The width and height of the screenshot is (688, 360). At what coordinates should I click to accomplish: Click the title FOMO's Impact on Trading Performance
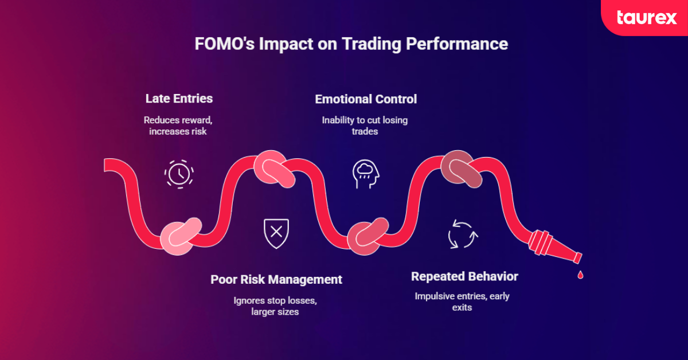pos(344,44)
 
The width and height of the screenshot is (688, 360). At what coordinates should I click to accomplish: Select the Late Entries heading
pos(179,99)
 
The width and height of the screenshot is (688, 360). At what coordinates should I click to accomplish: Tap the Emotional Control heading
pos(366,99)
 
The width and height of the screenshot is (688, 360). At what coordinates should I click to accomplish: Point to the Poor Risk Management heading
pos(276,280)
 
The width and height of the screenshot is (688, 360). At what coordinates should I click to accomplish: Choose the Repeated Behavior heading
pos(464,277)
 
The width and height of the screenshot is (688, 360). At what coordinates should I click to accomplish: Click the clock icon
pos(179,174)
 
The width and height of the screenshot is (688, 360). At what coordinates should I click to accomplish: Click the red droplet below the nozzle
pos(580,275)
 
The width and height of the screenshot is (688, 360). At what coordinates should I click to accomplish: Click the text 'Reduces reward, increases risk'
pos(179,126)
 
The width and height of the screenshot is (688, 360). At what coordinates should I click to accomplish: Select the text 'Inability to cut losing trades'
pos(365,126)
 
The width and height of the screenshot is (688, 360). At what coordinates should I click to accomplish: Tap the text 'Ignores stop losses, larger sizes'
pos(275,306)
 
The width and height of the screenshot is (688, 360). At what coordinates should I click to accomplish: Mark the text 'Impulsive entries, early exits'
pos(462,302)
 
